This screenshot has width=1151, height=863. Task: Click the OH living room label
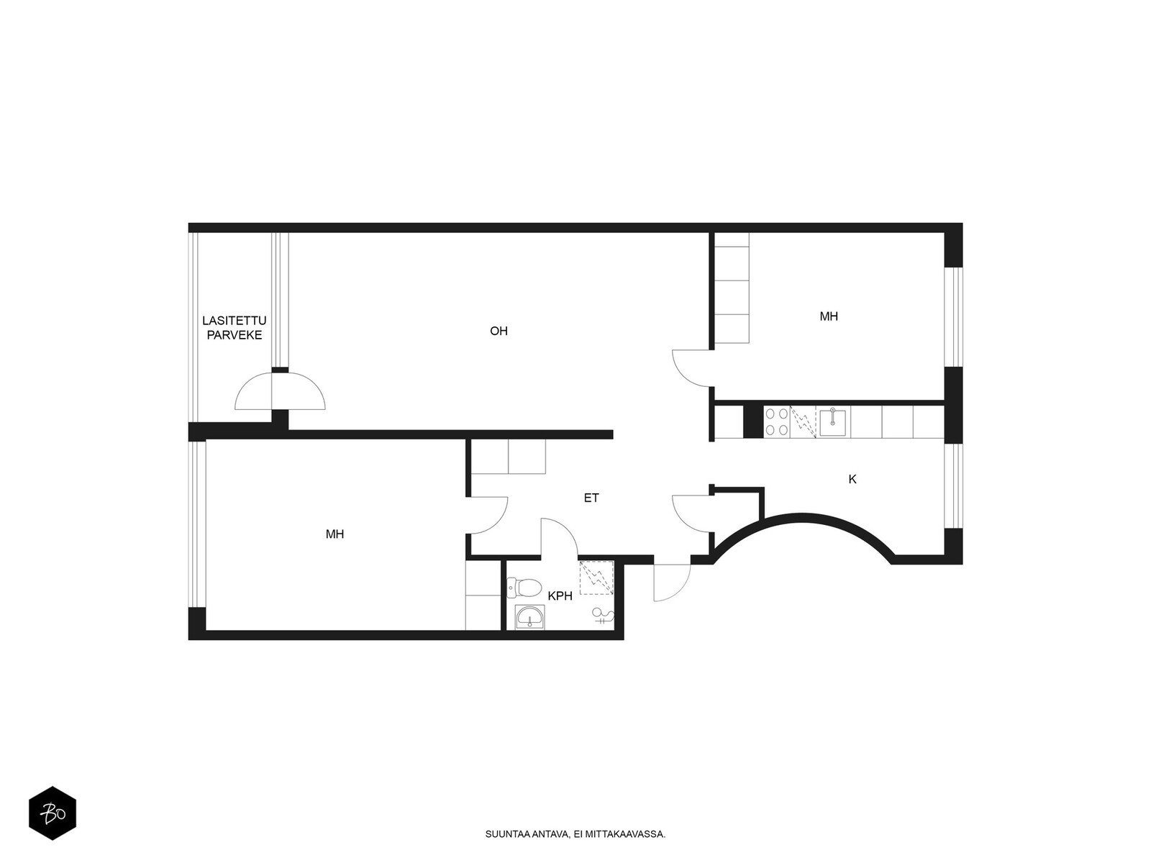[x=498, y=331]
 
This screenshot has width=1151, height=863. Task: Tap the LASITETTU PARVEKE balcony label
[x=234, y=327]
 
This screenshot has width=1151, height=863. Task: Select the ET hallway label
[x=591, y=498]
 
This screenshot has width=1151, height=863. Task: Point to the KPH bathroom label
[x=560, y=595]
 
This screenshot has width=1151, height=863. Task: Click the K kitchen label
[x=852, y=479]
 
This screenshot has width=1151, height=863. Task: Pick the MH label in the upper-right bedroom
[x=829, y=316]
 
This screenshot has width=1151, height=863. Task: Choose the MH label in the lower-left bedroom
[x=335, y=534]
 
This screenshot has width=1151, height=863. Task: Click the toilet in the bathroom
[x=523, y=588]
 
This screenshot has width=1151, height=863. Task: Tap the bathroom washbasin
[x=529, y=617]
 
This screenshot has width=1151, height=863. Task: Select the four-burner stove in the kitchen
[x=776, y=422]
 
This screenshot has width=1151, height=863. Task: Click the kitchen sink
[x=832, y=422]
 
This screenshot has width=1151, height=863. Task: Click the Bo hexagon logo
[x=53, y=813]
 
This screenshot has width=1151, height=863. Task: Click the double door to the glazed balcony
[x=280, y=391]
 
